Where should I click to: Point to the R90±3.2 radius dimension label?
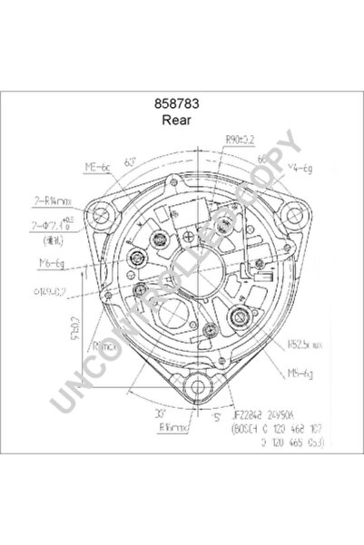241,140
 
